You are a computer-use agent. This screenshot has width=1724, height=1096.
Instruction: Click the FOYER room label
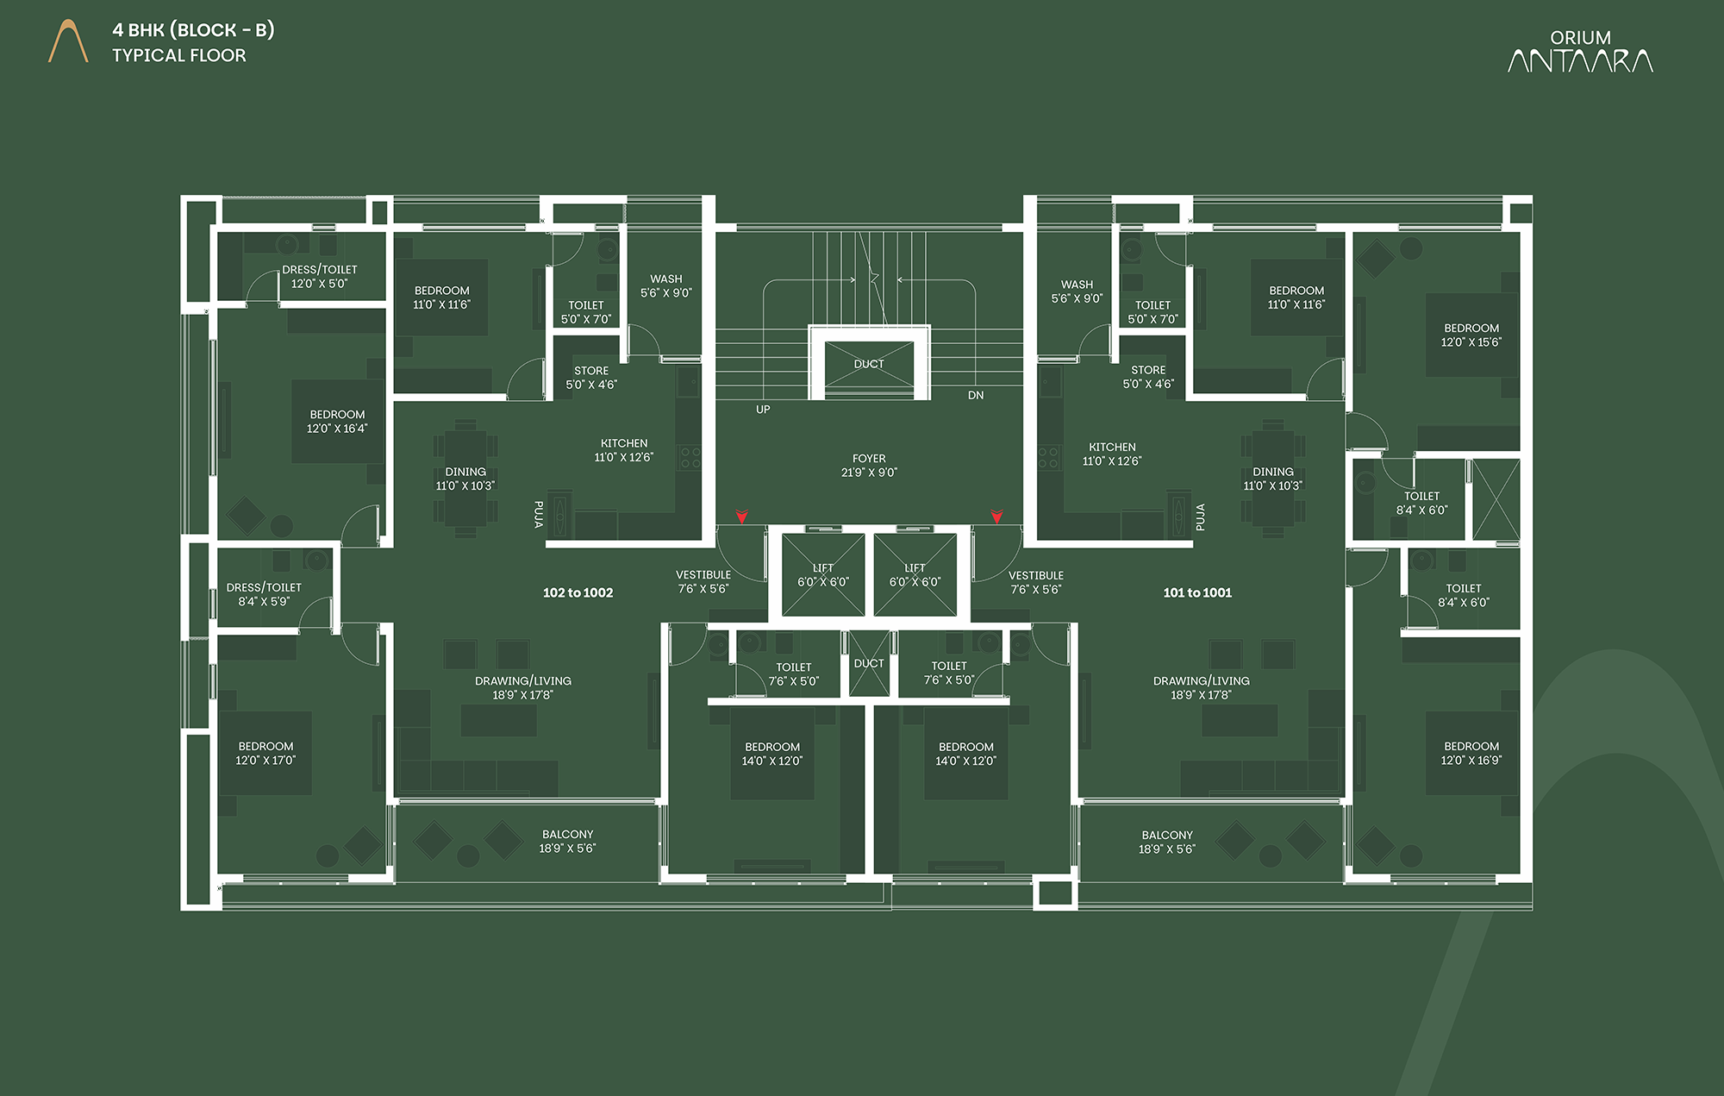tap(869, 459)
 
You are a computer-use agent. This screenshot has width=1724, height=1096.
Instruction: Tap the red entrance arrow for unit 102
tap(741, 517)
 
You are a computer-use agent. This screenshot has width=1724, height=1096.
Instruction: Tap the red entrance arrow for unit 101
tap(997, 517)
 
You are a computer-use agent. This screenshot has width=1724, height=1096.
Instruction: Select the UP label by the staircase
tap(763, 410)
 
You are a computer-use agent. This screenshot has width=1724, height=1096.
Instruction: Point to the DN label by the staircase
tap(976, 396)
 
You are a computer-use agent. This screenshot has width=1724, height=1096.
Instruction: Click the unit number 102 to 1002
tap(578, 592)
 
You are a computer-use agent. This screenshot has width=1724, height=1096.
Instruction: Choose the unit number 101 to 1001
tap(1197, 592)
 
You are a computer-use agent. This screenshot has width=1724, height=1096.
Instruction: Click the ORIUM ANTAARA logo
tap(1580, 51)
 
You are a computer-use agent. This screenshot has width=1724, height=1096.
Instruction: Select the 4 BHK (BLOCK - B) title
tap(193, 30)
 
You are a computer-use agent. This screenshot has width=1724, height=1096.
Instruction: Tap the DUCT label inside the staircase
tap(869, 364)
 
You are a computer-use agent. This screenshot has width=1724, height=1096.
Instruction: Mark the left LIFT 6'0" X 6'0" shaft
tap(823, 575)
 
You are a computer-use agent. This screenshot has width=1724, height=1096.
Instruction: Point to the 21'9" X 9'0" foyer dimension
tap(869, 473)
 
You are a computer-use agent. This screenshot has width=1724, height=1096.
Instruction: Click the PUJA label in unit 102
tap(539, 514)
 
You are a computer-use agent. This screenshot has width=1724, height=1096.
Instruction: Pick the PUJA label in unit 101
tap(1200, 517)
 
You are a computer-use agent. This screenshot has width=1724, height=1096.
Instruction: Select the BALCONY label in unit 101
tap(1167, 835)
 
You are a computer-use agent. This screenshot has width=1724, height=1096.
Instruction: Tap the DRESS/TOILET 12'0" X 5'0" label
tap(320, 277)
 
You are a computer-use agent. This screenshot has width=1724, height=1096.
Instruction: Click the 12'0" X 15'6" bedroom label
tap(1471, 335)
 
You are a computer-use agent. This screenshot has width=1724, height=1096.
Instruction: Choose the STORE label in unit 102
tap(591, 371)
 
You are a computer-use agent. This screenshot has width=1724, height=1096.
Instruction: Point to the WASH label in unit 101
tap(1077, 285)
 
